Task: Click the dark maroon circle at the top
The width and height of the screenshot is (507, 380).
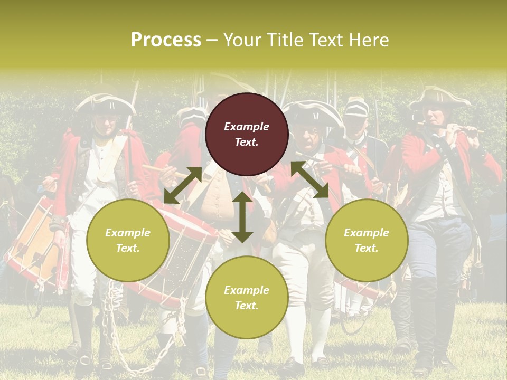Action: (247, 135)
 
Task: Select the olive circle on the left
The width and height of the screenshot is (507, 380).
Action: (128, 240)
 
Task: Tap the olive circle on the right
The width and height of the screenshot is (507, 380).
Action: (367, 240)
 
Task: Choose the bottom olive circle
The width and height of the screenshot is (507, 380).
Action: (247, 298)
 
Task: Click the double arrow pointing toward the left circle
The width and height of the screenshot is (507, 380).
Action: (183, 185)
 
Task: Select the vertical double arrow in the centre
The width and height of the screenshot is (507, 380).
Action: (242, 217)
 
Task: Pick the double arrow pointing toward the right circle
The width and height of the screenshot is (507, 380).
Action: (309, 180)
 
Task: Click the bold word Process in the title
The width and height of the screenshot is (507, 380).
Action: (166, 40)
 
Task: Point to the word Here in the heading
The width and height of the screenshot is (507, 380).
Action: (370, 40)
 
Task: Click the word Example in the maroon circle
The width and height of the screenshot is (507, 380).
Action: (247, 127)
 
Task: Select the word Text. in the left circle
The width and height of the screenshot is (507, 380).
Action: (128, 248)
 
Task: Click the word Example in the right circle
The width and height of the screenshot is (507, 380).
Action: (367, 233)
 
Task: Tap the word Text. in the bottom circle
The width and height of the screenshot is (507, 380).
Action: (247, 306)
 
